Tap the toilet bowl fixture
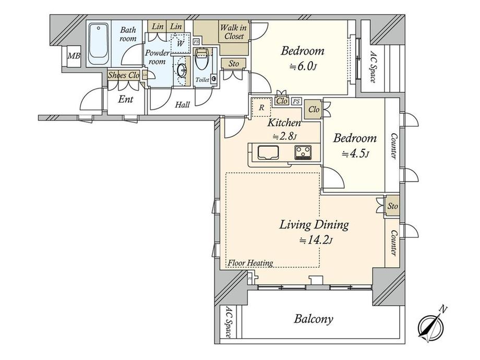[202, 59]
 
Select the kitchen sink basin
[268, 152]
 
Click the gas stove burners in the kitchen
[303, 152]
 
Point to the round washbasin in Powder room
[182, 71]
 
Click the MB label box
[74, 56]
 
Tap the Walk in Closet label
[234, 32]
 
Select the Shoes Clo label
[124, 75]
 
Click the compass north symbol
[431, 324]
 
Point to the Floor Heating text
[250, 262]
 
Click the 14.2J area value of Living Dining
[316, 241]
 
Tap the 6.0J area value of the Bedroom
[303, 66]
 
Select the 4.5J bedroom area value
[355, 154]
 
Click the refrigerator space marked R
[262, 107]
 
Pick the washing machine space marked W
[181, 43]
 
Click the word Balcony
[313, 319]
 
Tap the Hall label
[183, 105]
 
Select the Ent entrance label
[126, 100]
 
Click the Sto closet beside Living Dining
[392, 206]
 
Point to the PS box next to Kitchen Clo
[296, 101]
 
